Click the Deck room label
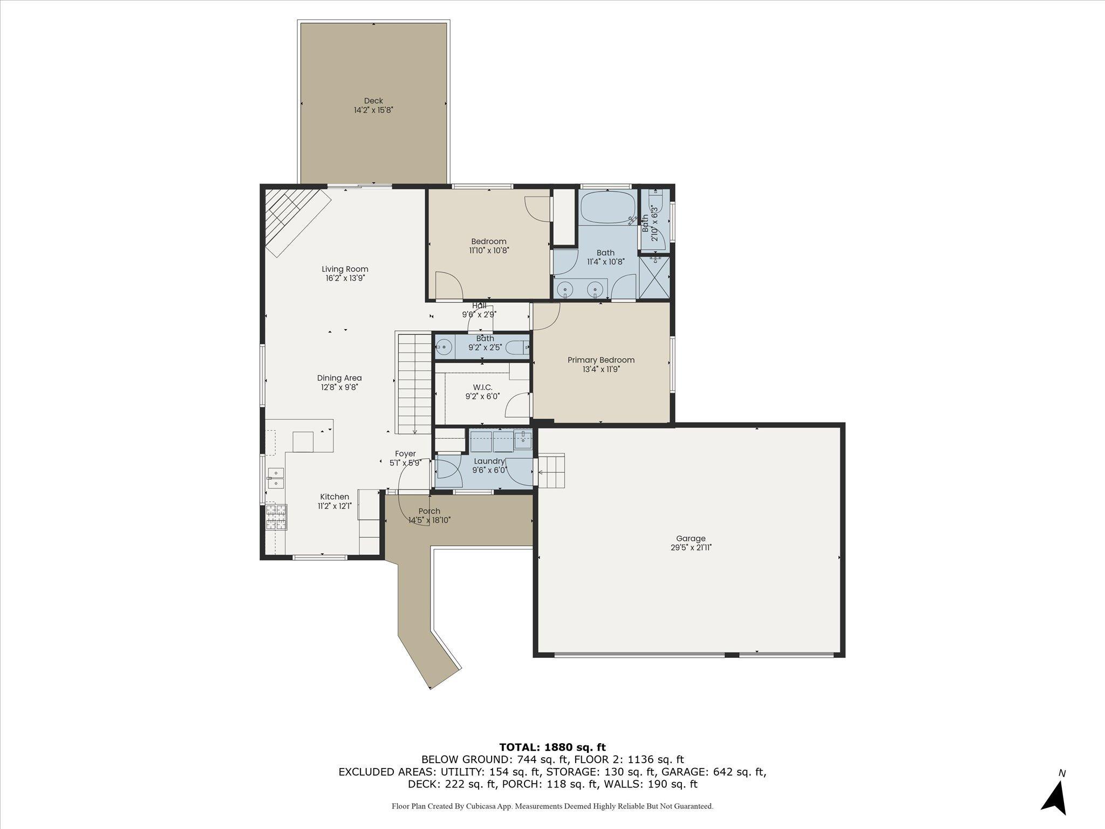tap(373, 100)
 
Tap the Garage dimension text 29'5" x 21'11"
tap(691, 547)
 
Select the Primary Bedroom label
tap(601, 360)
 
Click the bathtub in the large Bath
tap(608, 207)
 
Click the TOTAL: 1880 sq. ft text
tap(552, 747)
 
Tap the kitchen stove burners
tap(276, 517)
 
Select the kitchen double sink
tap(276, 478)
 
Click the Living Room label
tap(345, 269)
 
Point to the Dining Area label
tap(339, 378)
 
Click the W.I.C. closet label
tap(483, 387)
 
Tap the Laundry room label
tap(489, 461)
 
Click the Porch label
tap(429, 511)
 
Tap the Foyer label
tap(405, 454)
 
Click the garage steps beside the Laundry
tap(551, 471)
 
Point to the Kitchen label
tap(335, 497)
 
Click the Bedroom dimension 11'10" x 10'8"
tap(489, 250)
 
